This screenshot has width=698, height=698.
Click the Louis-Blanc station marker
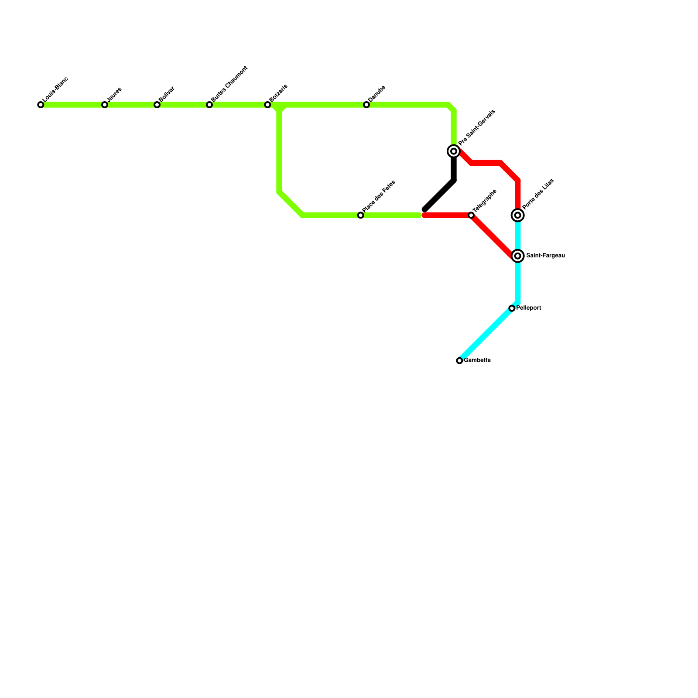[41, 105]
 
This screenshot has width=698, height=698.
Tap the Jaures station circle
[105, 105]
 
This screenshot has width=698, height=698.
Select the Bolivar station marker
[157, 105]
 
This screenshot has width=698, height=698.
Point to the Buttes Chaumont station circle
[209, 105]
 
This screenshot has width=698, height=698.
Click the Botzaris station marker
[267, 105]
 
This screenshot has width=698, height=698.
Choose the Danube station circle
[366, 105]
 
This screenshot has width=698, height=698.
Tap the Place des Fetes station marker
[361, 215]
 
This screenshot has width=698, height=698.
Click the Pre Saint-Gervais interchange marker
[454, 151]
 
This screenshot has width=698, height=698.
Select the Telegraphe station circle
[471, 215]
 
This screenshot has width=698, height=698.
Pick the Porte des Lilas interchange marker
[518, 215]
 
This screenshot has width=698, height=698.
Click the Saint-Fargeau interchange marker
[518, 256]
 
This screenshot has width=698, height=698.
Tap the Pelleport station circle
[512, 308]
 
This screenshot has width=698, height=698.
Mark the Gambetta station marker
[459, 361]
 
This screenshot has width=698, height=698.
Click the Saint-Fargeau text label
[545, 256]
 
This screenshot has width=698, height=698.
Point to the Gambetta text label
[477, 360]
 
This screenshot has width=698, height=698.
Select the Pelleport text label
[528, 308]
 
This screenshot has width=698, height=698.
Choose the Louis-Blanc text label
[56, 89]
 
